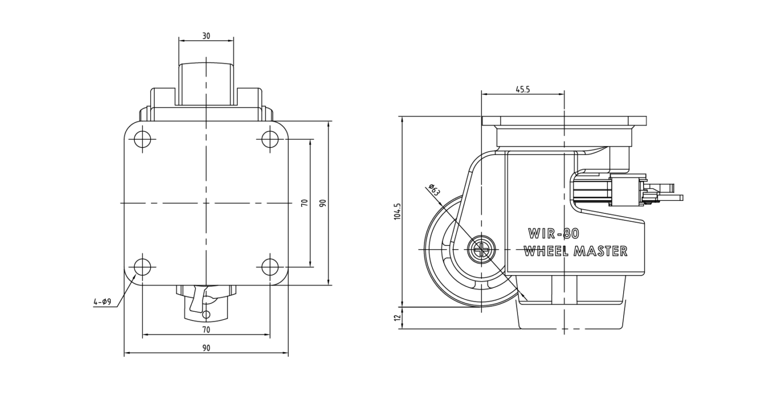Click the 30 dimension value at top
pyautogui.click(x=206, y=36)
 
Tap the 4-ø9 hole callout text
pyautogui.click(x=102, y=301)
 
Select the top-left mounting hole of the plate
pyautogui.click(x=143, y=139)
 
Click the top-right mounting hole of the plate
pyautogui.click(x=270, y=139)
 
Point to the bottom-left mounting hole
pyautogui.click(x=143, y=267)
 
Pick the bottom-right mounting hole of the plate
pyautogui.click(x=270, y=267)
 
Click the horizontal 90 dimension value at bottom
pyautogui.click(x=206, y=348)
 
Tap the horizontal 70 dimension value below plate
pyautogui.click(x=206, y=329)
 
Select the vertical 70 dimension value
pyautogui.click(x=305, y=203)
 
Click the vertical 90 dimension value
pyautogui.click(x=323, y=203)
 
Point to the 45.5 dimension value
pyautogui.click(x=523, y=89)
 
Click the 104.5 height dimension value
pyautogui.click(x=397, y=212)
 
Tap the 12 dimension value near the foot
pyautogui.click(x=397, y=318)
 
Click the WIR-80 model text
pyautogui.click(x=554, y=233)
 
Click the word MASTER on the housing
pyautogui.click(x=601, y=251)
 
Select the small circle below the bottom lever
pyautogui.click(x=206, y=315)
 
